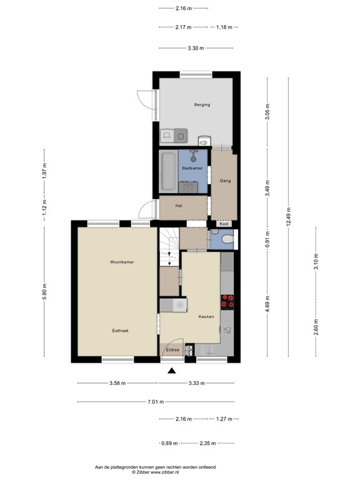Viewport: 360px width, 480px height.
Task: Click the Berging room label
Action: [x=202, y=105]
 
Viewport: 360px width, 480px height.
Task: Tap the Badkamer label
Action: [x=192, y=168]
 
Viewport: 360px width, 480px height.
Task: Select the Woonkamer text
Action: [x=122, y=262]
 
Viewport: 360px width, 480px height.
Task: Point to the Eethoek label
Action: [x=120, y=331]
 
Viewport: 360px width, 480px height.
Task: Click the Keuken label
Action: [x=206, y=316]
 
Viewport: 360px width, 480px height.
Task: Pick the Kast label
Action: [x=224, y=224]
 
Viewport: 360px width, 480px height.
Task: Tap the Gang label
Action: [x=225, y=181]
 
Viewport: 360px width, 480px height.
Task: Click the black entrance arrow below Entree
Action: [x=172, y=371]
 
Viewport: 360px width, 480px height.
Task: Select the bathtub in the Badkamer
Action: [x=168, y=171]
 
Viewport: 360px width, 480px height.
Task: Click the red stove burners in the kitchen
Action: [x=227, y=302]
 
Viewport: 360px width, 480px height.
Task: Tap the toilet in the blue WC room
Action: [x=228, y=239]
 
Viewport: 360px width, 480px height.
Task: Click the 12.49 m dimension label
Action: [x=288, y=217]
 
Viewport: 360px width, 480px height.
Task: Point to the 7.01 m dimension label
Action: [x=156, y=402]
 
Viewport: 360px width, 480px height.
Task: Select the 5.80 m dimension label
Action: [x=44, y=292]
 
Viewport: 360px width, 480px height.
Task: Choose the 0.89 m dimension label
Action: [x=169, y=443]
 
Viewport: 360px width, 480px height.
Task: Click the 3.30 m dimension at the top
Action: [x=196, y=48]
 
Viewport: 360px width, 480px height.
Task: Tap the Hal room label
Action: [x=179, y=206]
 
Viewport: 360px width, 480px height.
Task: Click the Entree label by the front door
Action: [x=172, y=349]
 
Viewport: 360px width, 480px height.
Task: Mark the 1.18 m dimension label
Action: [x=224, y=27]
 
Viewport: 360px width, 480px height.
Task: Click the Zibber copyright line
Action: [x=155, y=472]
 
